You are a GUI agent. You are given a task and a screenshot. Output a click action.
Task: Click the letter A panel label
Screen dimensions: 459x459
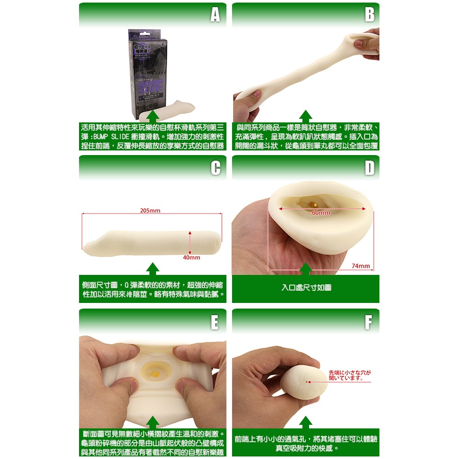215,15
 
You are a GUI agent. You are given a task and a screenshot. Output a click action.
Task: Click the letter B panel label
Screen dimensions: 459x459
369,15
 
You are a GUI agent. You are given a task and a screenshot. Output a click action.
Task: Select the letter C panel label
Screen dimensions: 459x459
215,168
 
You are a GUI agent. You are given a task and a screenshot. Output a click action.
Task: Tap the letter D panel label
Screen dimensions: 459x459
369,168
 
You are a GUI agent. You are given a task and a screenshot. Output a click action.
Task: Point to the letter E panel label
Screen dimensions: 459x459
215,322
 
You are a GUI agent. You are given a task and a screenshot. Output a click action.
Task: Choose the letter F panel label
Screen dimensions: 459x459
369,322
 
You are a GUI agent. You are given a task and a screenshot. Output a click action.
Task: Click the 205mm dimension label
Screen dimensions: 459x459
150,211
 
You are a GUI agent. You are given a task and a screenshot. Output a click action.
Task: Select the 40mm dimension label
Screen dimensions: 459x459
191,258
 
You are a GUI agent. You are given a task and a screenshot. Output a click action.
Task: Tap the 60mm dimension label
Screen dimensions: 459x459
321,212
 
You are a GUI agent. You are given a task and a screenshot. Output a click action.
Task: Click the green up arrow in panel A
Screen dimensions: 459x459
152,116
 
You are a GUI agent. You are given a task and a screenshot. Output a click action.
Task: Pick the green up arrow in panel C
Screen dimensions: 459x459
152,269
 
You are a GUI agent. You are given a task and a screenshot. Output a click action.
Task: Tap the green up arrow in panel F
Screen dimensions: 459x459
305,422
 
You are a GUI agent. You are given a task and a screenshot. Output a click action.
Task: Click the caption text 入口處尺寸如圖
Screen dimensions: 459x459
306,288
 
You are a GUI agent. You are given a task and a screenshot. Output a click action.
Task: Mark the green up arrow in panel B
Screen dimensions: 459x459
305,116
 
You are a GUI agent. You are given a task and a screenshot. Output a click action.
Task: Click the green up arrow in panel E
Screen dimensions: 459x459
152,422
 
